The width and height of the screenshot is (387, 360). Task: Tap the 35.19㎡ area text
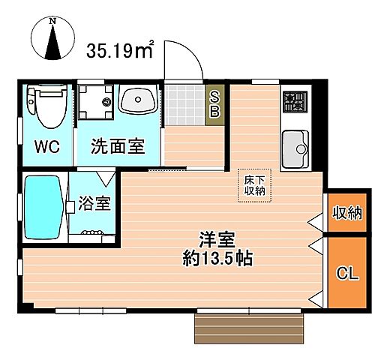click(120, 51)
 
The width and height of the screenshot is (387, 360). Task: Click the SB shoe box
click(214, 105)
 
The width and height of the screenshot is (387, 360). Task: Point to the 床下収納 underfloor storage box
click(250, 185)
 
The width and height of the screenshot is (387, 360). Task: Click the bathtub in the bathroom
click(43, 205)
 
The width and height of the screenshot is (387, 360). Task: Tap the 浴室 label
click(95, 203)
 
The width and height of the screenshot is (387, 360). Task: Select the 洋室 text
click(217, 241)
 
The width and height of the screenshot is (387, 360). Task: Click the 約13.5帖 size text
click(217, 260)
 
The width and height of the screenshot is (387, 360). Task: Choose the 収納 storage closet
click(347, 213)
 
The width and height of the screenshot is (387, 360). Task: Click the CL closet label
click(347, 272)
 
